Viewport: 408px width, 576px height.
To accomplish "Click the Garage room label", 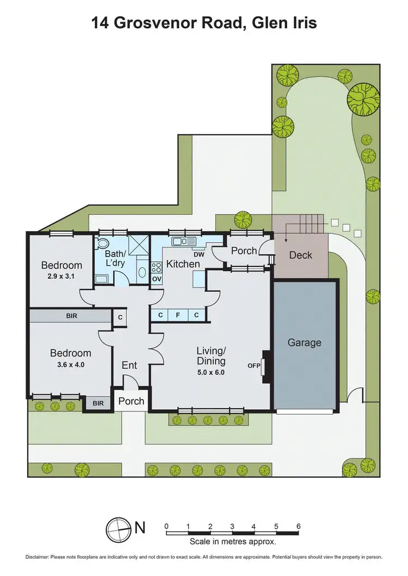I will click(304, 342).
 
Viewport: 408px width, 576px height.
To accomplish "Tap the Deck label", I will click(300, 255).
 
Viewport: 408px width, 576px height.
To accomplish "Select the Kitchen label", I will click(183, 264).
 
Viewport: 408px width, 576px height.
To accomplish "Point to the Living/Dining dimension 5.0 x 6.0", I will click(211, 373).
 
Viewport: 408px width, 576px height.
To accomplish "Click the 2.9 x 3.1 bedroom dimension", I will click(61, 277).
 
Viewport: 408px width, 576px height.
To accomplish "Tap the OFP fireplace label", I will click(254, 365).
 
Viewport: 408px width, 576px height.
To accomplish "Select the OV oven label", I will click(156, 279).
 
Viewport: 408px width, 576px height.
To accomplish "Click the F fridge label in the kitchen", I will click(178, 315).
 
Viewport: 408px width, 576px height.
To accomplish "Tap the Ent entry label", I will click(129, 365).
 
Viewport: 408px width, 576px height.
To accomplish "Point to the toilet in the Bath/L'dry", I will click(104, 244).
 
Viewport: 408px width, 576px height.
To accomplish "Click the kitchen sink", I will click(183, 241).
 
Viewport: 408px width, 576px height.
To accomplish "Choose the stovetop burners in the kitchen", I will click(156, 267).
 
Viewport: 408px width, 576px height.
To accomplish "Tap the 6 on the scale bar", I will click(298, 526).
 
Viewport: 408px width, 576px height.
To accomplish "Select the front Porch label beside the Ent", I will click(131, 401).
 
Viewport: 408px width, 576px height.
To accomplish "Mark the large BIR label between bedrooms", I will click(71, 315).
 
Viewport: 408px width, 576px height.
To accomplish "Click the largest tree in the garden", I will click(364, 99).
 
